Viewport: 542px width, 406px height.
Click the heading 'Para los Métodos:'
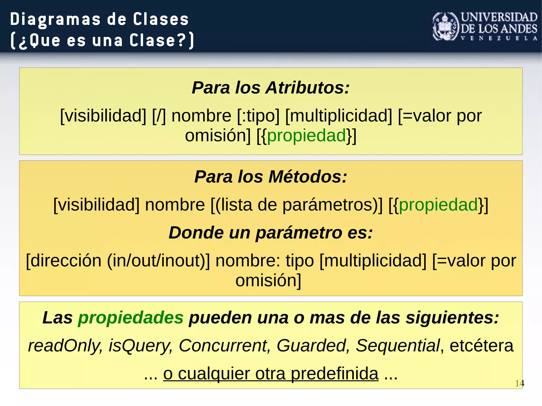pos(270,177)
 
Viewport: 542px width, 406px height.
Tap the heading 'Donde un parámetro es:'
pos(270,233)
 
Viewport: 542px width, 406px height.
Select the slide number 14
pos(519,383)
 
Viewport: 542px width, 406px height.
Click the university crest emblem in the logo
pos(446,27)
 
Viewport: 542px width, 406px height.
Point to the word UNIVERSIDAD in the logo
pos(499,17)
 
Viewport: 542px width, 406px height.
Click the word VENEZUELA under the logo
pos(499,38)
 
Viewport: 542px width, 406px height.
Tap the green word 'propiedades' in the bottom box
pos(131,317)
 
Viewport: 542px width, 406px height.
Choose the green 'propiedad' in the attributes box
pos(307,136)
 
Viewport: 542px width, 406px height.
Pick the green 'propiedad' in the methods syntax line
pos(438,205)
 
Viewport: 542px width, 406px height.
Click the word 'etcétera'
pos(481,345)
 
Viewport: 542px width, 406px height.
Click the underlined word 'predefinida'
pos(335,374)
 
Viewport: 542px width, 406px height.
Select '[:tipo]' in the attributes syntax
pos(258,116)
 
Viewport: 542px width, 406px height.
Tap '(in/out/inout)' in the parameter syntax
pos(158,261)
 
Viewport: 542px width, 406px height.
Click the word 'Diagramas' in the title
pos(56,19)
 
